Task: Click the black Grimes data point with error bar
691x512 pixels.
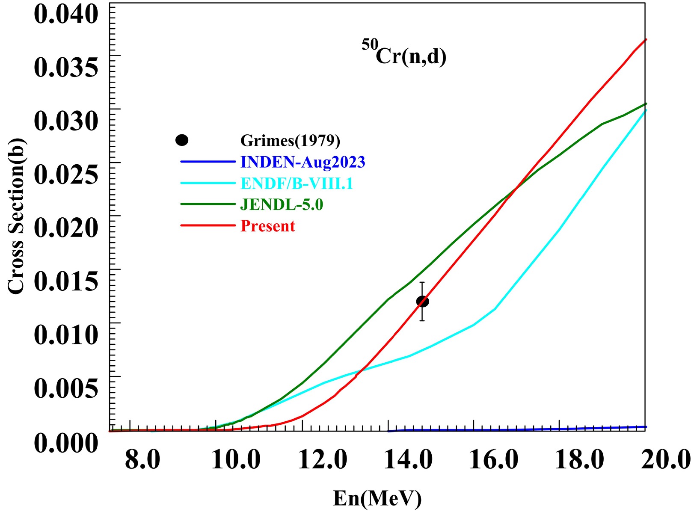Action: click(x=422, y=302)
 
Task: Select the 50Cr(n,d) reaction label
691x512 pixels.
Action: click(x=404, y=53)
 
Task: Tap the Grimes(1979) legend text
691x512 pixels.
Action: click(x=290, y=140)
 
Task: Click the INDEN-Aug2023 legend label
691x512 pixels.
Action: click(x=302, y=162)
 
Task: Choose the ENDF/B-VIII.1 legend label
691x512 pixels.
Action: click(x=297, y=183)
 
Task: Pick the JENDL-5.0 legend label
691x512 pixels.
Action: click(x=282, y=204)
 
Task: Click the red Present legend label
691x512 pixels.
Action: click(x=268, y=226)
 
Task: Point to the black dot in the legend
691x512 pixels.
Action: click(x=182, y=140)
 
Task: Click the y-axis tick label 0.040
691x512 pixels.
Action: click(x=66, y=14)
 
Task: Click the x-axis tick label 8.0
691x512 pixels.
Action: click(x=142, y=460)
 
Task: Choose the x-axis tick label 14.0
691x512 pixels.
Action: click(x=408, y=460)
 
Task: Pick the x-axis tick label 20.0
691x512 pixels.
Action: click(x=666, y=460)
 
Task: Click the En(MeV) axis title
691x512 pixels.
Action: click(x=377, y=498)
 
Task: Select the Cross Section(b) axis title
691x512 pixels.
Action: click(x=16, y=216)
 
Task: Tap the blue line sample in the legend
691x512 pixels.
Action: click(x=208, y=162)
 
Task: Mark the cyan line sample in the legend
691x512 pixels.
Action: click(x=208, y=183)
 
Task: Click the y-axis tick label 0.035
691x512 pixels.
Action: click(x=66, y=67)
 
